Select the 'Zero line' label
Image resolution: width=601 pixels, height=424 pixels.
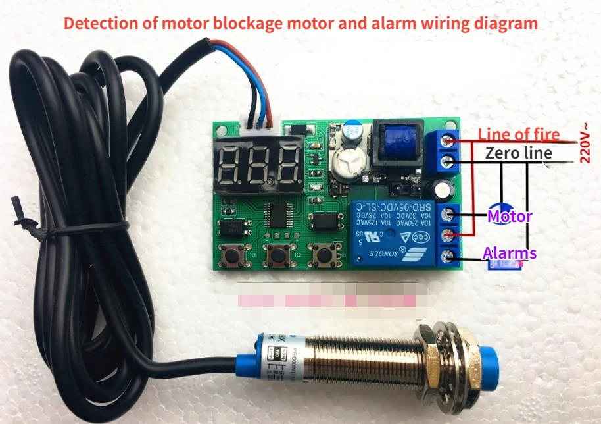tap(517, 153)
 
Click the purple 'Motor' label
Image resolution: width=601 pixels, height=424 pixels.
tap(510, 216)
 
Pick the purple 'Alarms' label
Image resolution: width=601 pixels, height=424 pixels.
tap(510, 253)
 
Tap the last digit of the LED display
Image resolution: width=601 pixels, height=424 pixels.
tap(287, 165)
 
